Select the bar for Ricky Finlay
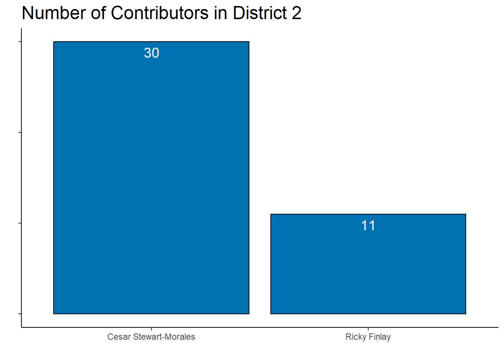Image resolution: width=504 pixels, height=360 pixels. [x=368, y=266]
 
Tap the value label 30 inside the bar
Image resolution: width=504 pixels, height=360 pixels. [x=151, y=53]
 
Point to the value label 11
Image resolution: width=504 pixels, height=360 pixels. [x=368, y=226]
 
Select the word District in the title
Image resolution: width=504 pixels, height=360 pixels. [x=260, y=13]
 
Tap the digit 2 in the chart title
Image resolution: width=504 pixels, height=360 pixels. [x=296, y=13]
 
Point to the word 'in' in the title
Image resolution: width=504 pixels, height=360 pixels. [x=221, y=13]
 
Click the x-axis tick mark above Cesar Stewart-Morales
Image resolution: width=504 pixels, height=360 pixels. [x=151, y=329]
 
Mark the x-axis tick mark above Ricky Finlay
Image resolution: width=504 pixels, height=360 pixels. [x=368, y=329]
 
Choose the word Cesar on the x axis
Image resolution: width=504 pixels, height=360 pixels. [x=119, y=337]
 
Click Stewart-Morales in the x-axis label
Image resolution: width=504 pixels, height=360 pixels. [x=164, y=337]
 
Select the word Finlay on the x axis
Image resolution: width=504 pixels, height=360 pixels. [x=379, y=337]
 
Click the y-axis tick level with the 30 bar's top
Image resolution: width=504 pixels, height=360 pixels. [x=20, y=42]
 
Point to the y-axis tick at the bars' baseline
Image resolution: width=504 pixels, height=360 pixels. [x=20, y=313]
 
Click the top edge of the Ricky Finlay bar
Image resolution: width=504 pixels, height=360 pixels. [x=368, y=214]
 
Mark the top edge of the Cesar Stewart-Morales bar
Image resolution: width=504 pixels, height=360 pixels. [x=151, y=42]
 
